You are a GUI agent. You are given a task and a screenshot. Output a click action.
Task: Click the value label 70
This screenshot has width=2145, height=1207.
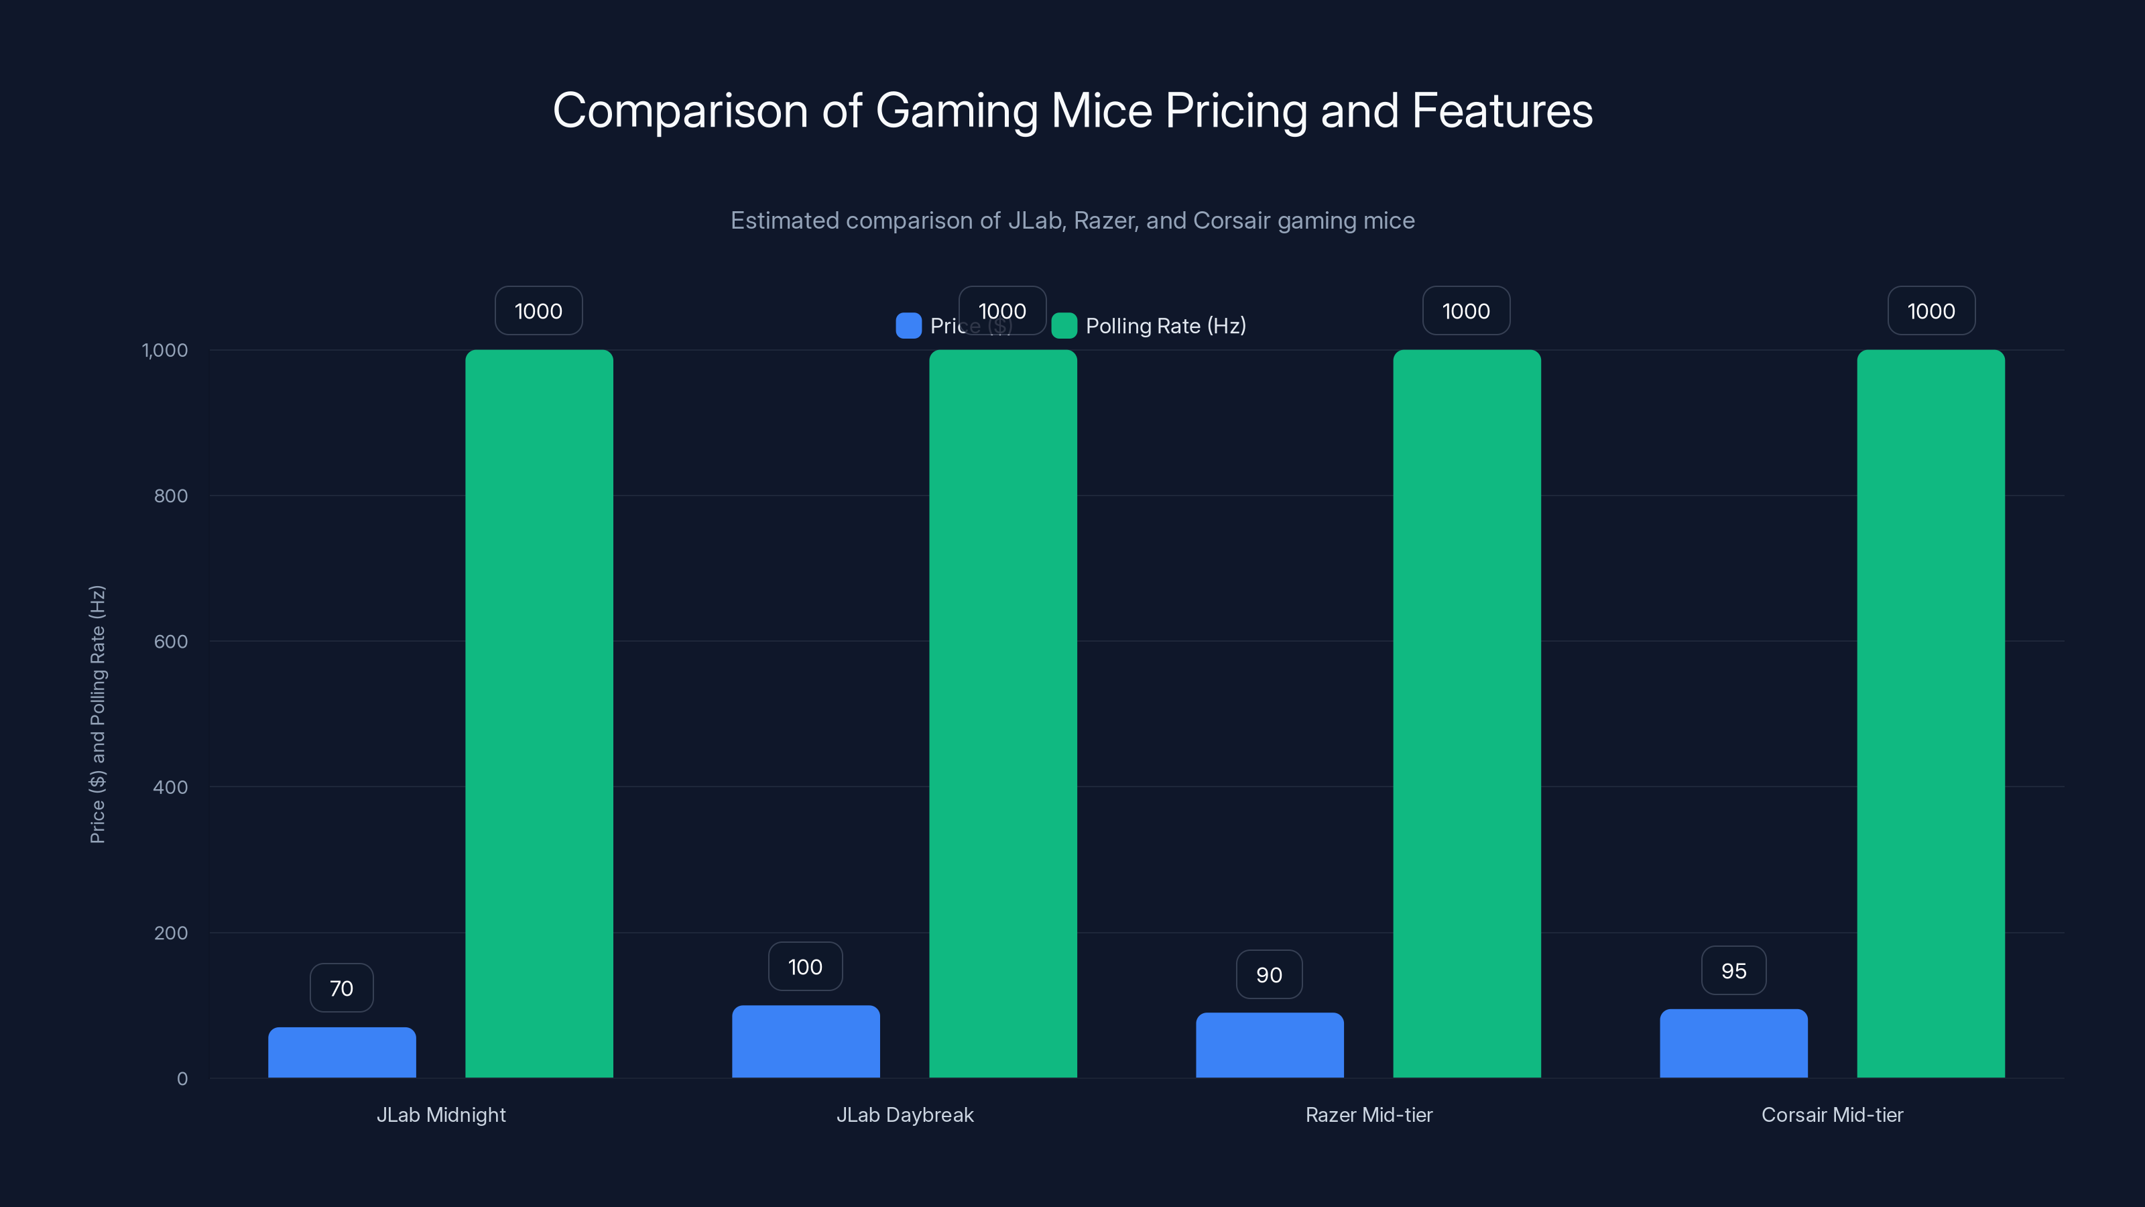tap(341, 988)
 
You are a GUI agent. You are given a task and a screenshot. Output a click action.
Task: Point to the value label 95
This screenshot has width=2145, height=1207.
tap(1733, 970)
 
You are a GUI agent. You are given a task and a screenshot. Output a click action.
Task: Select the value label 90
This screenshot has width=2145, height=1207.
tap(1269, 974)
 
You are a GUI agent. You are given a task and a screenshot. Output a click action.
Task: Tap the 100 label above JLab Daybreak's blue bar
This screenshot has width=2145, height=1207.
tap(805, 966)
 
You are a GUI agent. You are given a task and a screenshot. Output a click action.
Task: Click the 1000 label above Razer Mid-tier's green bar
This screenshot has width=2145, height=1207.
tap(1465, 310)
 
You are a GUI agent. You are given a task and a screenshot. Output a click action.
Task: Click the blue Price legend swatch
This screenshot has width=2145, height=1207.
tap(908, 326)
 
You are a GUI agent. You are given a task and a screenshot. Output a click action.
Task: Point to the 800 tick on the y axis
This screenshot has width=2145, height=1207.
tap(171, 496)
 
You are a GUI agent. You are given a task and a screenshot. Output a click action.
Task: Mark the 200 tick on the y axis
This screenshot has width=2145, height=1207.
tap(171, 933)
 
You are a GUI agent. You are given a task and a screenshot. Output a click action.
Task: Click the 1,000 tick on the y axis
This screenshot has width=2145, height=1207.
tap(165, 350)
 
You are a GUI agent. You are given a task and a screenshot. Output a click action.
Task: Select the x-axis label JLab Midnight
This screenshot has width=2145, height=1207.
tap(440, 1114)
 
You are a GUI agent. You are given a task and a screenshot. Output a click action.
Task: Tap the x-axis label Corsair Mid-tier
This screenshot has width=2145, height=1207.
tap(1832, 1114)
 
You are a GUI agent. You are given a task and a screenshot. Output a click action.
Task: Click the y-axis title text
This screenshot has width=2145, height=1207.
tap(97, 714)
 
